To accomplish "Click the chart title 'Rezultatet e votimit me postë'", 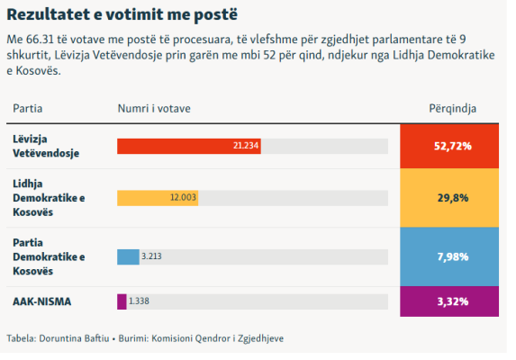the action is coord(122,14).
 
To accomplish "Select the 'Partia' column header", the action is coord(28,109).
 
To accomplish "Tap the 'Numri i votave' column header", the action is coord(154,109).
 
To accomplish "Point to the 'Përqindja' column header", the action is coord(452,109).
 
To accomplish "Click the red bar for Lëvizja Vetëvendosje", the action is coord(189,146).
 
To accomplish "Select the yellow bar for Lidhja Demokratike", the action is coord(158,198).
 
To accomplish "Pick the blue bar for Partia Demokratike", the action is coord(128,256).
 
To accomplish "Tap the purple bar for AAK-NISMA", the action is coord(122,301).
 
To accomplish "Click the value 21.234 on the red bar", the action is coord(246,146).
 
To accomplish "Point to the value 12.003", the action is coord(183,197).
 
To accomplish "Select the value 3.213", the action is coord(151,256).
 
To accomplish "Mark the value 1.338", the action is coord(139,301).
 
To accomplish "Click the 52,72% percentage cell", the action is coord(449,147).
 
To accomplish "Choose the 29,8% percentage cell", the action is coord(449,198).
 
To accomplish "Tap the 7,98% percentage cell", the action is coord(449,256).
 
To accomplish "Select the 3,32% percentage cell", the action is coord(449,301).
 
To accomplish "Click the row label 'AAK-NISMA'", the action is coord(41,301).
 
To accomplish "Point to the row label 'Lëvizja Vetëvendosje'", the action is coord(46,146).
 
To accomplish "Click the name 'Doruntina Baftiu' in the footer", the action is coord(74,338).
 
